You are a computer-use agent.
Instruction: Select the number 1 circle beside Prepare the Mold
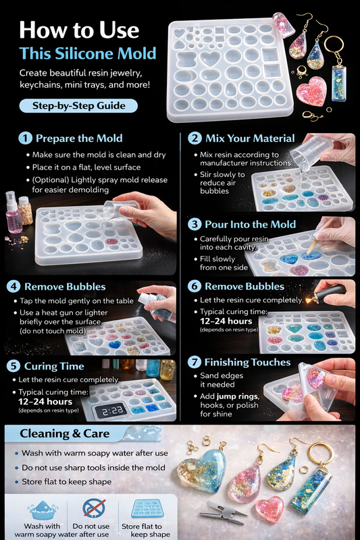tap(26, 138)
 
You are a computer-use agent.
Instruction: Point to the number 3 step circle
tap(195, 224)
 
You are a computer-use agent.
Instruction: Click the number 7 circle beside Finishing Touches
tap(195, 362)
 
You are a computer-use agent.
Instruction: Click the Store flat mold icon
tap(147, 508)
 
